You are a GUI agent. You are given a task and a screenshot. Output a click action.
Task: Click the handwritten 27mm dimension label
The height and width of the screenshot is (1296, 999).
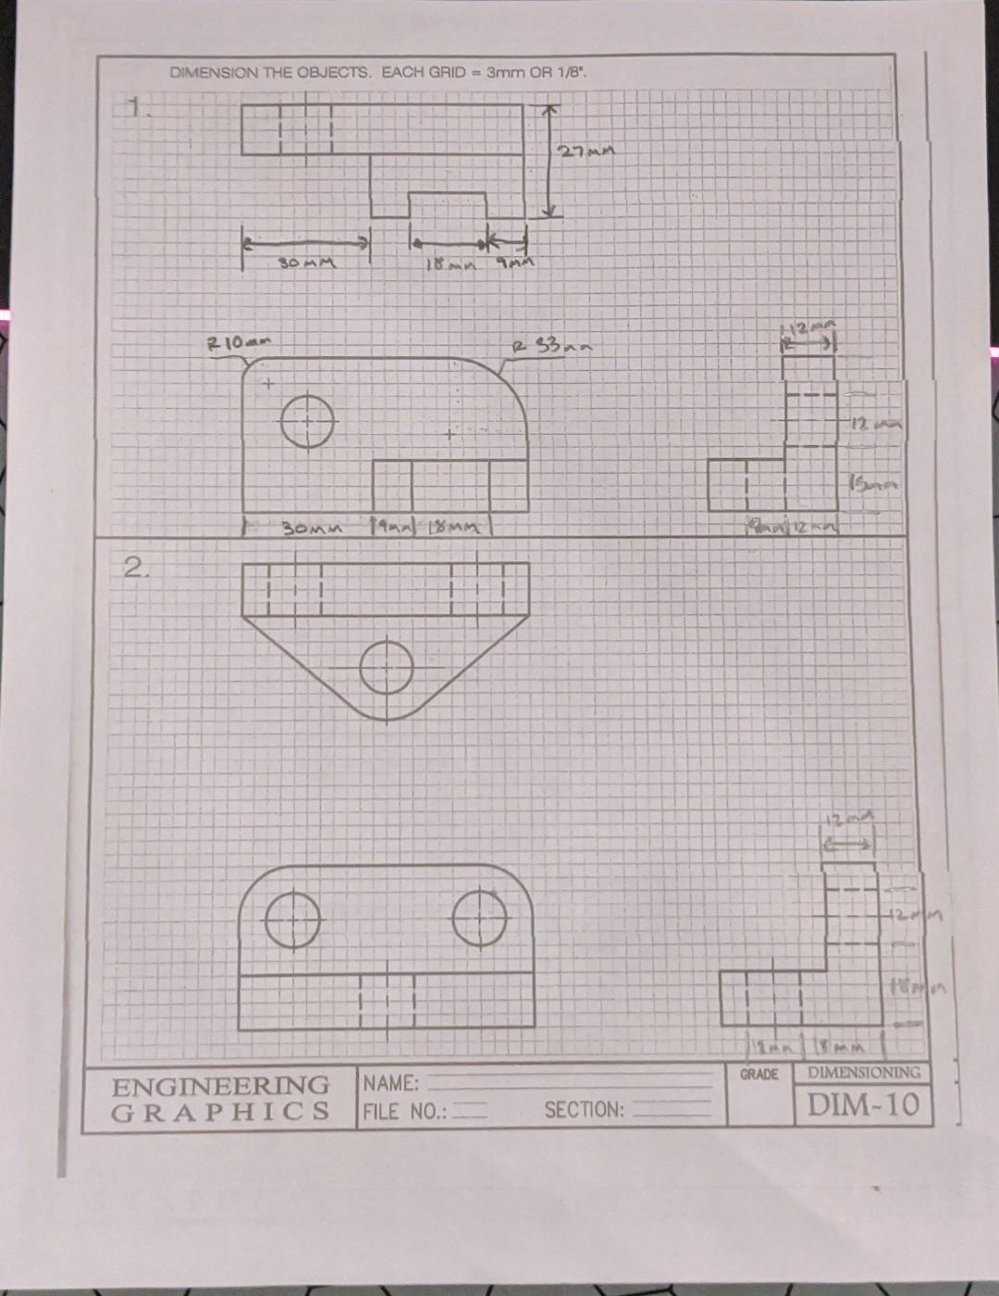[x=587, y=151]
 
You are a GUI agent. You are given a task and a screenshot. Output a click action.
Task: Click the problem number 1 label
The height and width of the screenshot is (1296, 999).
[x=136, y=110]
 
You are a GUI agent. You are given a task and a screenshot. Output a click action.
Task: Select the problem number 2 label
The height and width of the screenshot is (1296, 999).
[x=134, y=567]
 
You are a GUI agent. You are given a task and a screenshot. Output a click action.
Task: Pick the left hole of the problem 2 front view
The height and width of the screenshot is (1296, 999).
[x=293, y=920]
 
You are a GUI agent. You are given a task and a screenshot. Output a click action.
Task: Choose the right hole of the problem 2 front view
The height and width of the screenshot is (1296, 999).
[x=480, y=919]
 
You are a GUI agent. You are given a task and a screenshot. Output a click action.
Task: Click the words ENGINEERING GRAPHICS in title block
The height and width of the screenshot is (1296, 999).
[x=220, y=1098]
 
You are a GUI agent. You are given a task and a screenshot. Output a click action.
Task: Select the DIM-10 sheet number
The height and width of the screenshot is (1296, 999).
[x=863, y=1105]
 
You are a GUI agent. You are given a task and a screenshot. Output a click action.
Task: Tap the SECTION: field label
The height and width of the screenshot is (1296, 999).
[x=584, y=1110]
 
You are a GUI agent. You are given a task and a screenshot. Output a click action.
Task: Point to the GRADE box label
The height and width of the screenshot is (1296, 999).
[x=758, y=1075]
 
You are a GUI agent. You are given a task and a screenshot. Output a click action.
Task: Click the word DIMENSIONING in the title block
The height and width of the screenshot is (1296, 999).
[x=863, y=1073]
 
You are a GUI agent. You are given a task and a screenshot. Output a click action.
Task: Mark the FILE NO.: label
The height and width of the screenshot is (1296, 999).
[x=404, y=1111]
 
